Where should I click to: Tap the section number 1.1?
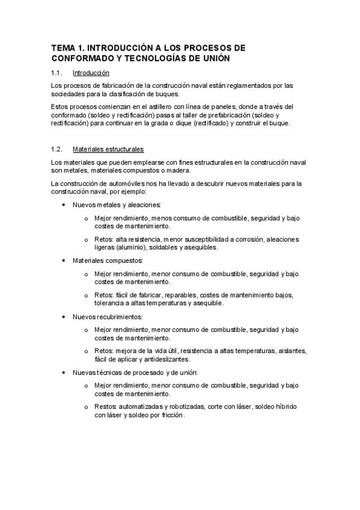[x=58, y=73]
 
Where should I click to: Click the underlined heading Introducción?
[x=90, y=73]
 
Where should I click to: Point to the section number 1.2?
[x=58, y=149]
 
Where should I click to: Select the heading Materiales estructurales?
[x=108, y=149]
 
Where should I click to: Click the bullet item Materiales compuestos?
[x=108, y=260]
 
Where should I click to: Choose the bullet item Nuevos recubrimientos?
[x=108, y=316]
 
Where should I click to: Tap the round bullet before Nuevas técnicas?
[x=64, y=372]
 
